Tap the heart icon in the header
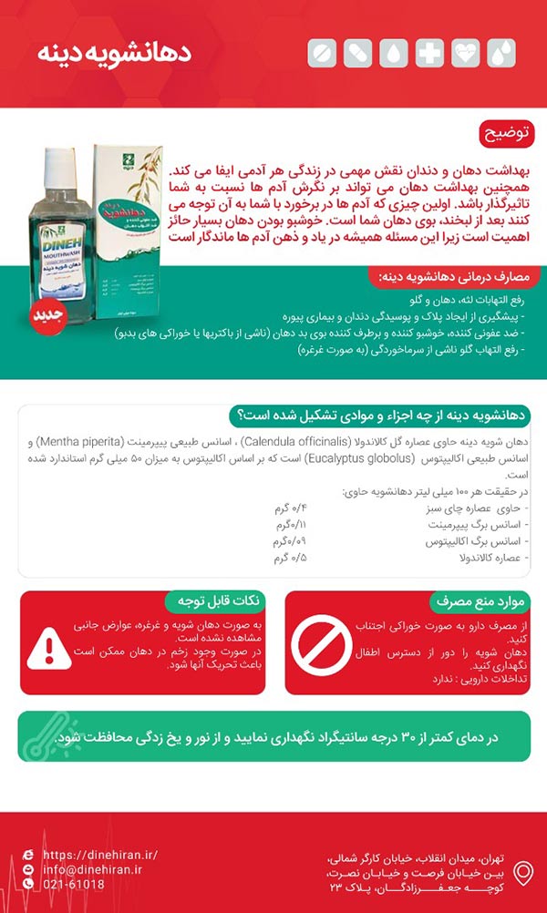[465, 53]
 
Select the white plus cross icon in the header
[429, 53]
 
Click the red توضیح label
[506, 136]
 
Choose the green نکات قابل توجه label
[214, 601]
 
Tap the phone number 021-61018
[74, 884]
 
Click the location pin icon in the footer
[523, 872]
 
